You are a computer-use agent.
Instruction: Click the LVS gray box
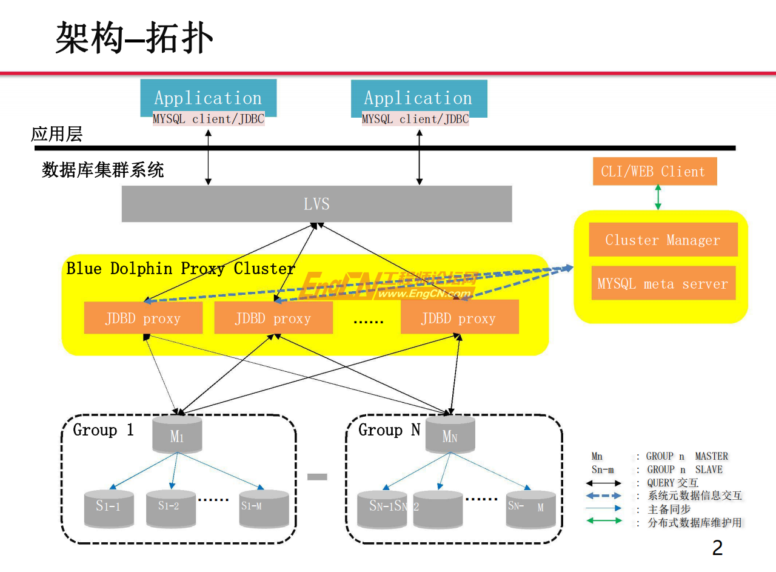[x=316, y=204]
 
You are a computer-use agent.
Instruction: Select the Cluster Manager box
[x=663, y=240]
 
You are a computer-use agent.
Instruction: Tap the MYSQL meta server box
[x=663, y=283]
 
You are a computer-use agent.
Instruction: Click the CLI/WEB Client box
[x=654, y=172]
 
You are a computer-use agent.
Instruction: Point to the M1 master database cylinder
[x=177, y=434]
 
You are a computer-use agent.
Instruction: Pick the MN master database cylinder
[x=450, y=434]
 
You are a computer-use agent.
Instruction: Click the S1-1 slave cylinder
[x=109, y=508]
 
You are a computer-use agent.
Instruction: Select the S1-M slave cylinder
[x=264, y=508]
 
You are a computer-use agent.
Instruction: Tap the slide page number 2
[x=717, y=548]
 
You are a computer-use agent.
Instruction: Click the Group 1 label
[x=103, y=430]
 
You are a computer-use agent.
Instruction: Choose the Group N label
[x=389, y=430]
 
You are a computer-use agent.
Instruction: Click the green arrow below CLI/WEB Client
[x=658, y=198]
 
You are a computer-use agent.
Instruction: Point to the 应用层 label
[x=56, y=134]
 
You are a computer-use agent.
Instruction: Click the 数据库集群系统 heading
[x=102, y=170]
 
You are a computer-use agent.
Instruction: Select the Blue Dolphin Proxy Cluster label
[x=181, y=269]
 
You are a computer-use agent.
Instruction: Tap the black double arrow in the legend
[x=604, y=483]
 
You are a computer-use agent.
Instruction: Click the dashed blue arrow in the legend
[x=604, y=496]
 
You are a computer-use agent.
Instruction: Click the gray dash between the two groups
[x=317, y=477]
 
